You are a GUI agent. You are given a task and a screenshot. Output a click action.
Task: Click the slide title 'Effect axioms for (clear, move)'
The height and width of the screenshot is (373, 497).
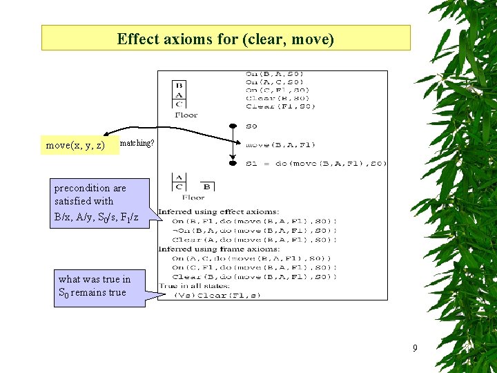tap(226, 38)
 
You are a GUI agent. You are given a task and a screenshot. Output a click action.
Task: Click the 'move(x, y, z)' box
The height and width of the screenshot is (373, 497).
tap(75, 145)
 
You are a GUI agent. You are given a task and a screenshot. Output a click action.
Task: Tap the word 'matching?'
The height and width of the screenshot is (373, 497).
tap(137, 143)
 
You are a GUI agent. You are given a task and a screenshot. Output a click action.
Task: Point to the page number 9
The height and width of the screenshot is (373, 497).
tap(414, 347)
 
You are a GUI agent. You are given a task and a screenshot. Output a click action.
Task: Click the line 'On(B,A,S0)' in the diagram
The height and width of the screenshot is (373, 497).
tap(275, 74)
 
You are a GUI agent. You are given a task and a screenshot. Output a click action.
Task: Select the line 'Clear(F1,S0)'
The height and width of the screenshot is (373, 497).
tap(280, 106)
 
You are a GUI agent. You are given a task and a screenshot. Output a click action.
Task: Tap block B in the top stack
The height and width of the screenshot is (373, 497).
tap(179, 86)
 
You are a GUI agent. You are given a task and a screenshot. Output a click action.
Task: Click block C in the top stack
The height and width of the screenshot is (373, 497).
tap(179, 104)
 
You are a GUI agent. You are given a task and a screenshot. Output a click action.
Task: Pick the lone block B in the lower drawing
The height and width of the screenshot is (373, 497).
tap(206, 186)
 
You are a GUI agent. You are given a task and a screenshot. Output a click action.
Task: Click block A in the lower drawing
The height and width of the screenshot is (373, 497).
tap(179, 178)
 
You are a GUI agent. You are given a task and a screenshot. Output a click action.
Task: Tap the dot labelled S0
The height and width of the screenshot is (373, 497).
tap(233, 126)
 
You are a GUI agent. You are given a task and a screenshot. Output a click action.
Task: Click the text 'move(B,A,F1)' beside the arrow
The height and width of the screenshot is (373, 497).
tap(280, 145)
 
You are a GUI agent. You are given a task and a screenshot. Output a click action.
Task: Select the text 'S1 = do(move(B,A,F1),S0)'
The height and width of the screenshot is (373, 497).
tap(316, 164)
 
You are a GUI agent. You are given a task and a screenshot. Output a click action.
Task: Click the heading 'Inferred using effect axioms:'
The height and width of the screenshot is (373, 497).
tap(219, 211)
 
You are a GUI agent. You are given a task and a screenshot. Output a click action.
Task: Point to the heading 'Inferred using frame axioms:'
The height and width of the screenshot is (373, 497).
tap(218, 249)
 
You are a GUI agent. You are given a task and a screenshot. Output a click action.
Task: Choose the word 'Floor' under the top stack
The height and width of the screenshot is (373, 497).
tap(186, 115)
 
